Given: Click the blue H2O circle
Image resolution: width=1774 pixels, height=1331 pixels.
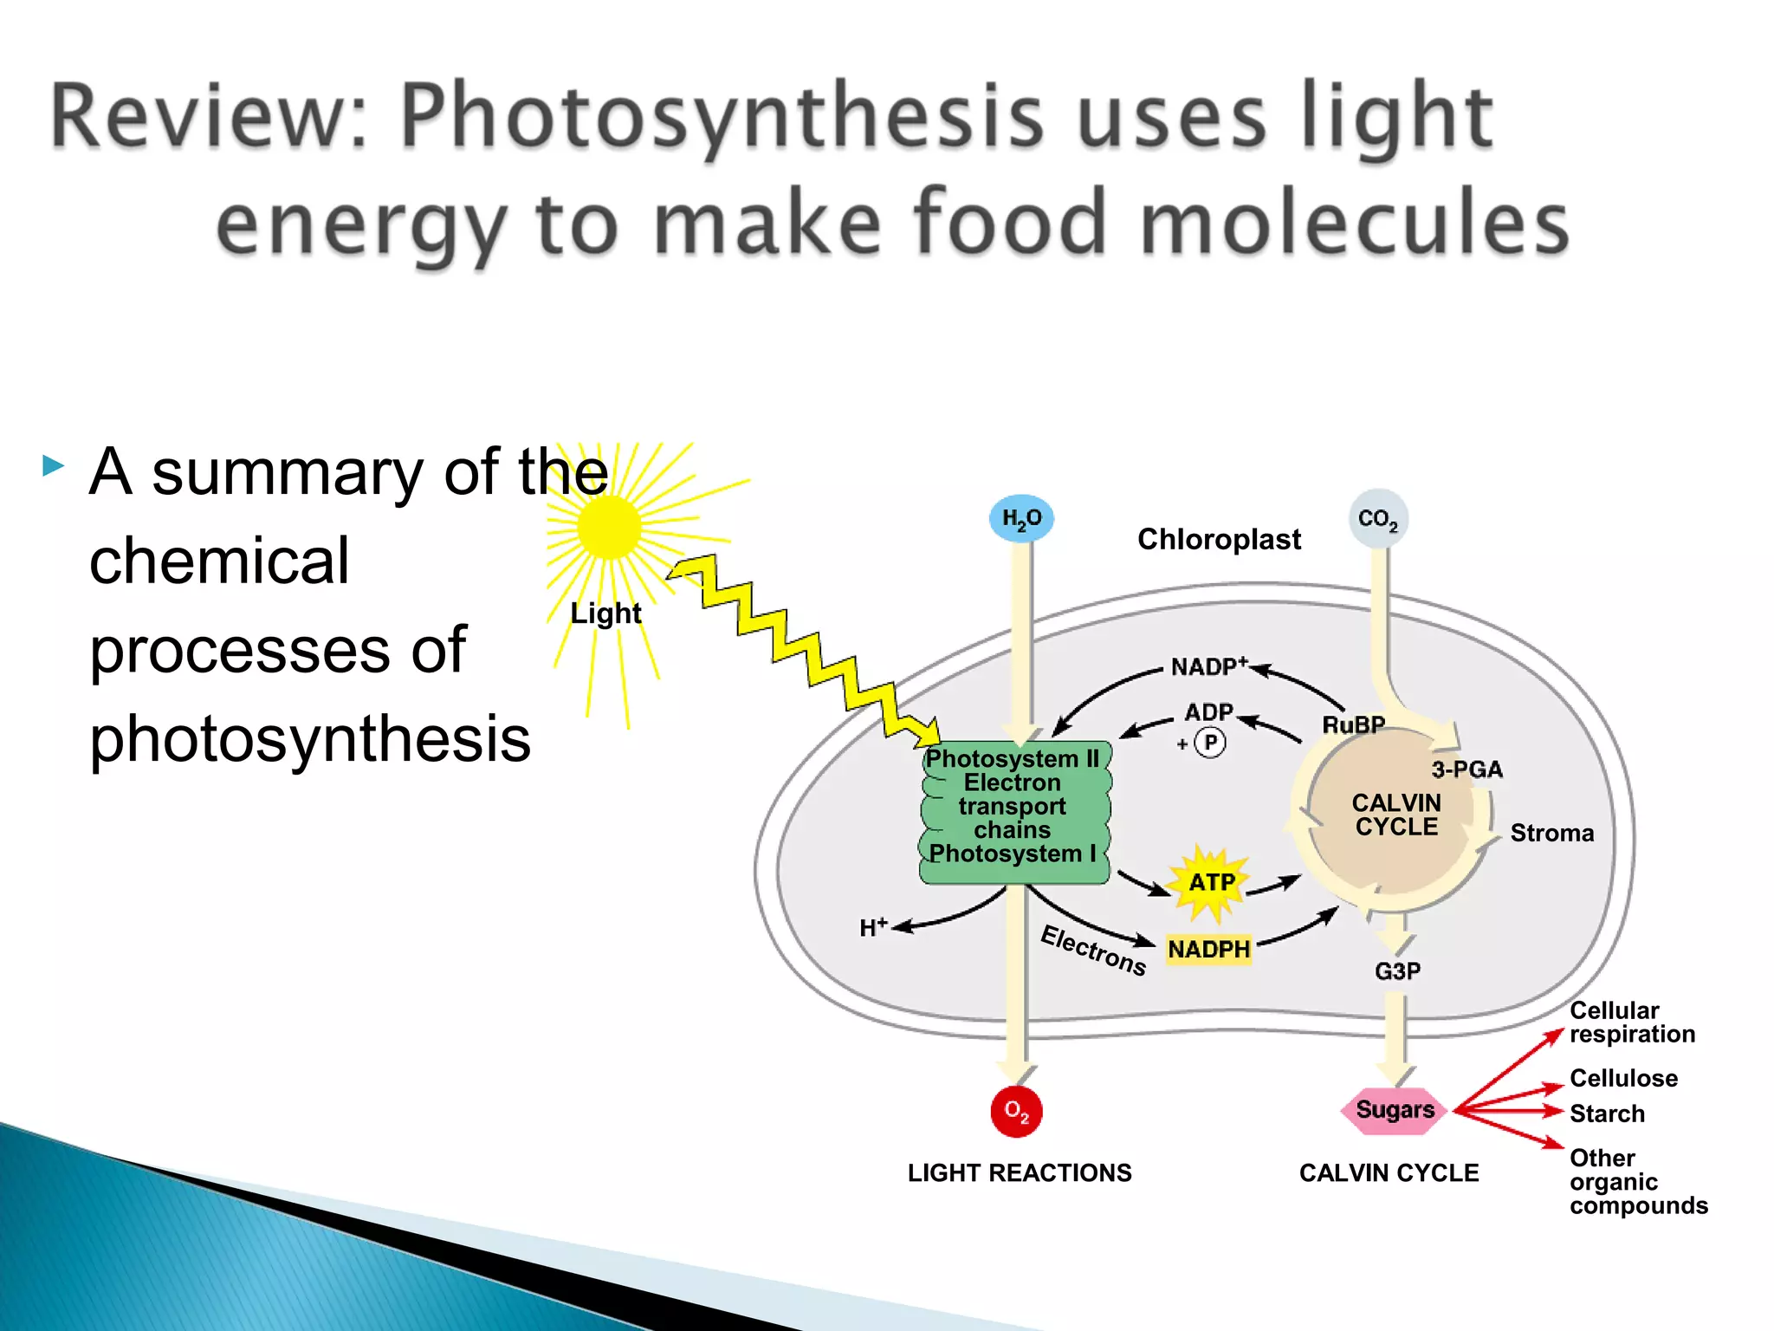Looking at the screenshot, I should click(x=1021, y=518).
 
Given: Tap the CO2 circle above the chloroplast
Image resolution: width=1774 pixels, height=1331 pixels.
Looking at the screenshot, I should click(x=1377, y=519).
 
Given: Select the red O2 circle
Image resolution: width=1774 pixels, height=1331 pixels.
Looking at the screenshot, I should click(x=1016, y=1111).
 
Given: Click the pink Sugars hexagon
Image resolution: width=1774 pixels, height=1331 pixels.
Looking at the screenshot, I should click(x=1394, y=1110).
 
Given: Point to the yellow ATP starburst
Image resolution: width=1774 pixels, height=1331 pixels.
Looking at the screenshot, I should click(x=1210, y=882).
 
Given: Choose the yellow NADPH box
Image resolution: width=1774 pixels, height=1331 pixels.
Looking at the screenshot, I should click(x=1208, y=949).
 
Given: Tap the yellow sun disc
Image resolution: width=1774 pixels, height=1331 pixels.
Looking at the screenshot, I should click(x=609, y=527).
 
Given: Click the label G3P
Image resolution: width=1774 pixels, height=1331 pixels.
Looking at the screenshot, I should click(x=1397, y=971).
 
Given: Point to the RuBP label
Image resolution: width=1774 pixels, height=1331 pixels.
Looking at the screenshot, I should click(x=1353, y=724).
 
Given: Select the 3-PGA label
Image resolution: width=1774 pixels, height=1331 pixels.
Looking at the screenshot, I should click(x=1466, y=769).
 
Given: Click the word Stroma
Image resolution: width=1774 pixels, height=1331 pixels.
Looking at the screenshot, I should click(x=1551, y=833).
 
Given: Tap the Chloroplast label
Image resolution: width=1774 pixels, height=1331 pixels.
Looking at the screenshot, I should click(x=1219, y=539).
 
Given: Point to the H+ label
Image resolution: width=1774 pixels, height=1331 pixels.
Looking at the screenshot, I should click(x=873, y=927).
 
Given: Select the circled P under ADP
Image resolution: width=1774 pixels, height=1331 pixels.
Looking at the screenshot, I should click(x=1210, y=743).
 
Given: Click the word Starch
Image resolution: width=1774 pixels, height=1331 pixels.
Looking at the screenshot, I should click(x=1607, y=1113).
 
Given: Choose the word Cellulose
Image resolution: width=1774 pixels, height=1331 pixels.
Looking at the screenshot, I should click(x=1623, y=1078).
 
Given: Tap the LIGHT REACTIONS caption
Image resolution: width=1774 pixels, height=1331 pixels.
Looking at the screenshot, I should click(x=1020, y=1172).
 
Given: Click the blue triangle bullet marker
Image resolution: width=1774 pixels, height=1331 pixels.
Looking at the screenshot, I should click(x=53, y=465).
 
